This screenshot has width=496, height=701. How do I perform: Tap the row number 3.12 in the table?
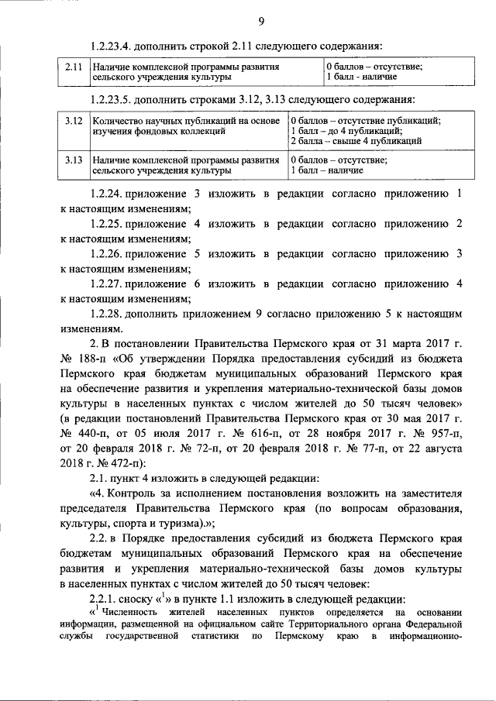(x=74, y=121)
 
